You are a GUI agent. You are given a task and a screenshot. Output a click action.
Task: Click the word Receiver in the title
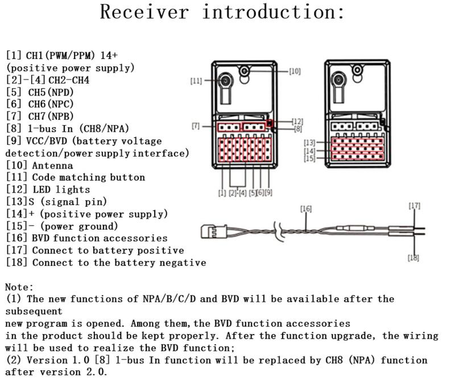point(144,12)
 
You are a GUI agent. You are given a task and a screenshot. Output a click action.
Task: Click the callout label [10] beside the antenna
point(295,72)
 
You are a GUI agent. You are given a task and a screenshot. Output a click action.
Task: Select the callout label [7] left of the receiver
point(196,125)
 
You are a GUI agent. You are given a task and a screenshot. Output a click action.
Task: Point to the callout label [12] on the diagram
point(297,122)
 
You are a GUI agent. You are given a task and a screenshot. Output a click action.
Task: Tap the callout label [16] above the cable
point(306,210)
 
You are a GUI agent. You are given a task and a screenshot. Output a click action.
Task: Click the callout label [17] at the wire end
point(414,206)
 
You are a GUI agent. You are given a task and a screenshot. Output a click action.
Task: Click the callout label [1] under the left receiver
point(222,193)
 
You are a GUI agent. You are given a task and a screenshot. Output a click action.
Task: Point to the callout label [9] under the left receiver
point(268,193)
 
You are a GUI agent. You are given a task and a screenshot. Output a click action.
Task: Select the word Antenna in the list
point(52,165)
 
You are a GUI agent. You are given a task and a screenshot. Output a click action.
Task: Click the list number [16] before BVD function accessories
point(16,238)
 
